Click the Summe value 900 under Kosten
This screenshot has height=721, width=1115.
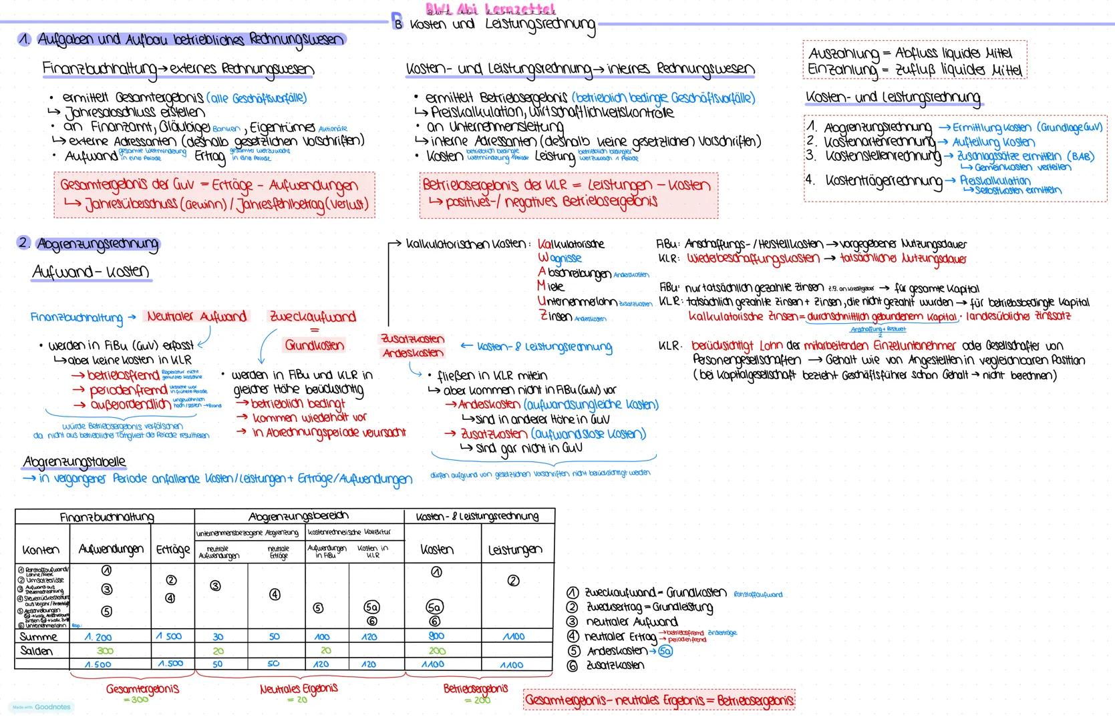[x=436, y=636]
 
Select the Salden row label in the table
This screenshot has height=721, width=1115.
[x=37, y=651]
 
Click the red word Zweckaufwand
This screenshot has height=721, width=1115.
[x=313, y=316]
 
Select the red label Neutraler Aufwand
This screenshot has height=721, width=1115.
[x=197, y=316]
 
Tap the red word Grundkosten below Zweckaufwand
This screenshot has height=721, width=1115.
[x=315, y=345]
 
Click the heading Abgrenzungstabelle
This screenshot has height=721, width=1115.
[x=74, y=462]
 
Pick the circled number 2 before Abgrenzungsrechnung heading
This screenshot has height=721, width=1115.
[x=24, y=243]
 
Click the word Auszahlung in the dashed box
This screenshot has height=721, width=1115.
[x=844, y=53]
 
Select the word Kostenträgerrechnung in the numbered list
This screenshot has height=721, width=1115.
[x=883, y=181]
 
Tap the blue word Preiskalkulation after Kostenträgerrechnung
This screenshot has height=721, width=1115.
[x=995, y=180]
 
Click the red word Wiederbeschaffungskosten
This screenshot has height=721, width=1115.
[x=753, y=258]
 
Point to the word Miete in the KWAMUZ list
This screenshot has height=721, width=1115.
[x=551, y=286]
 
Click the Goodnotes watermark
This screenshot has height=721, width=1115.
[x=41, y=707]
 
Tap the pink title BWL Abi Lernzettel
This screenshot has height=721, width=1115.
[x=491, y=9]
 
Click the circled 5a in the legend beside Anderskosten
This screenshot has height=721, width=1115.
[x=665, y=651]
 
